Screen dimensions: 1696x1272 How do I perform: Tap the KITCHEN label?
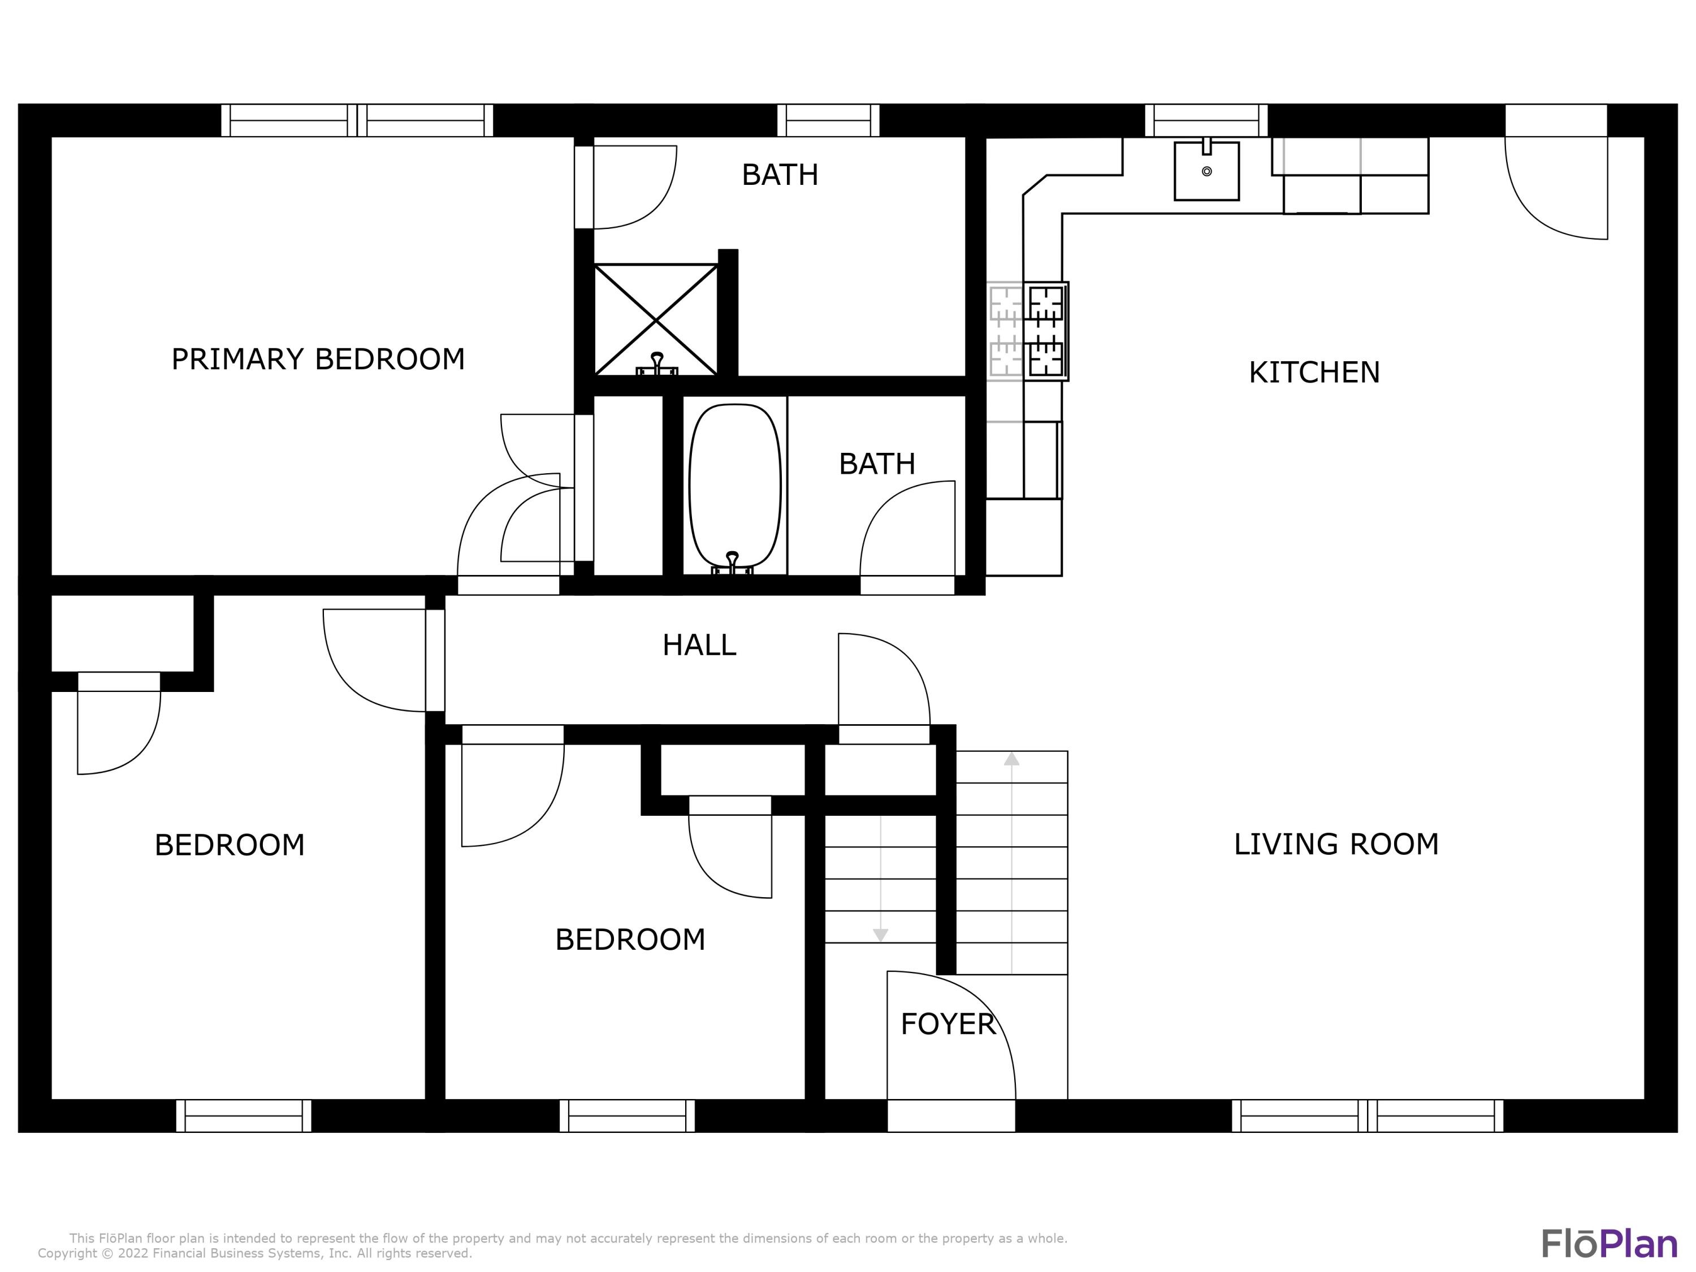click(x=1314, y=373)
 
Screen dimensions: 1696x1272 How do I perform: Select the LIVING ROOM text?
click(x=1336, y=844)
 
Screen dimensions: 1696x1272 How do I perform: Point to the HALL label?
click(x=699, y=646)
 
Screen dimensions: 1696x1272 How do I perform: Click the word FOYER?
click(x=947, y=1024)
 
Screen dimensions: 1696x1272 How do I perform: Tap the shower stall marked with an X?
click(x=656, y=320)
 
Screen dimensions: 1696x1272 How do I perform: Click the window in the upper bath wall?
click(x=828, y=120)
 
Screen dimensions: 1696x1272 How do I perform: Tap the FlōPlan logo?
click(x=1610, y=1244)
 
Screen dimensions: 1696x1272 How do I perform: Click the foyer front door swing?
click(x=951, y=1035)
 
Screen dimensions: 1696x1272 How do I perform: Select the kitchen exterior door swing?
click(x=1556, y=188)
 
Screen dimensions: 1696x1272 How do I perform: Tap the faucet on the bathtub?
click(x=732, y=564)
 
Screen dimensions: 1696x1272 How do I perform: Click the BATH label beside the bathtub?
click(x=877, y=464)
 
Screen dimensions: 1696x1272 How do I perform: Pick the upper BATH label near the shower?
click(x=780, y=175)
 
